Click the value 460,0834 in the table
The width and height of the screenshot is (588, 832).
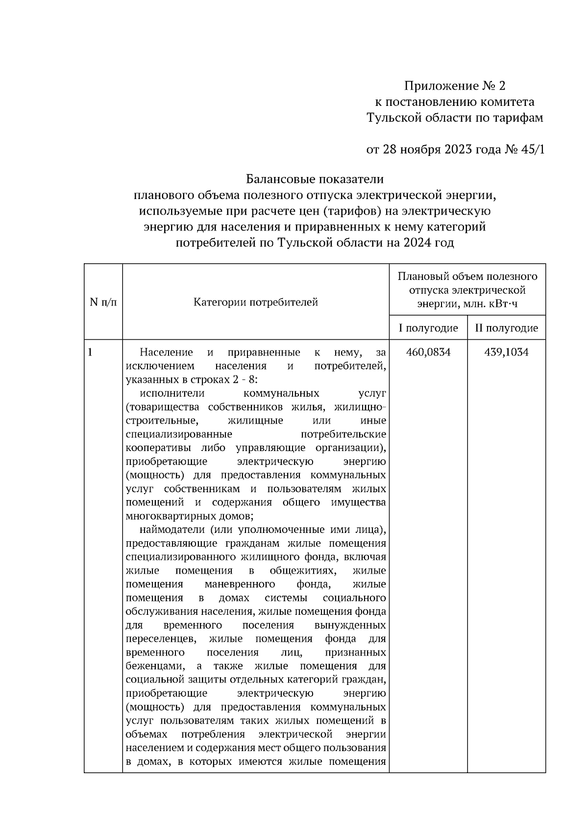pos(428,353)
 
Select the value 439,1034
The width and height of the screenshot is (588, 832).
pos(506,353)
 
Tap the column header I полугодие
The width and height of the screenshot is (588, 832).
pos(428,328)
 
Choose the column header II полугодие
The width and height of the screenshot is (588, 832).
pos(506,328)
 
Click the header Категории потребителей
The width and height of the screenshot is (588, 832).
pos(256,302)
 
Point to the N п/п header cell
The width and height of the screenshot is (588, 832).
pos(103,302)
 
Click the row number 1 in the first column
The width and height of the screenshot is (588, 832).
pos(90,353)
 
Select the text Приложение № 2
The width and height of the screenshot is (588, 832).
pos(454,86)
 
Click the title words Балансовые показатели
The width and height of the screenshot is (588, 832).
pos(315,179)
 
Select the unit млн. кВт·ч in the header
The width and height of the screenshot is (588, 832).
pos(490,304)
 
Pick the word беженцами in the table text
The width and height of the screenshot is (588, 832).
pos(155,666)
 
